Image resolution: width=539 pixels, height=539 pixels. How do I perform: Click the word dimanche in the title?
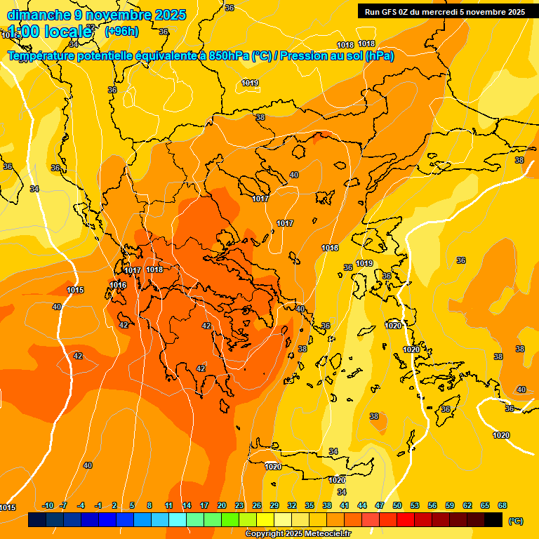click(x=39, y=15)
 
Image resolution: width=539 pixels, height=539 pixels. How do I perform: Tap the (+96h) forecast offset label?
click(x=121, y=31)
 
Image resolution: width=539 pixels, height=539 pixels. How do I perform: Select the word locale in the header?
click(x=68, y=32)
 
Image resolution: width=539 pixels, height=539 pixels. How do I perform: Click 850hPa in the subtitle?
click(x=228, y=56)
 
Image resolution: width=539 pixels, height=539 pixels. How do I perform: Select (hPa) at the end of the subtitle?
click(x=379, y=56)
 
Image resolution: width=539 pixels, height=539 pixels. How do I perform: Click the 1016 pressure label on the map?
click(x=118, y=285)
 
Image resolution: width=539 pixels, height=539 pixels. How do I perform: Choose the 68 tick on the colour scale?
click(x=503, y=505)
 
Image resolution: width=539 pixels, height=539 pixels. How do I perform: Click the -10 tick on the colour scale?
click(x=48, y=505)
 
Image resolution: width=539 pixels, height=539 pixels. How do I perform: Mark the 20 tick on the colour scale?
click(x=222, y=505)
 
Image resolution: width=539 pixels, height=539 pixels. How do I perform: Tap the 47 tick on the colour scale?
click(x=380, y=505)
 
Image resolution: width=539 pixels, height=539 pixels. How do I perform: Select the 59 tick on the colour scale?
click(x=450, y=505)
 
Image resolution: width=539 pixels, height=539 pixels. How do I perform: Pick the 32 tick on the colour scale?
click(x=292, y=505)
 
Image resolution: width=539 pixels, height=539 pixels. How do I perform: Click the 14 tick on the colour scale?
click(x=187, y=505)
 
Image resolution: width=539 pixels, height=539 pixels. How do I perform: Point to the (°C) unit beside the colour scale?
click(x=516, y=521)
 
